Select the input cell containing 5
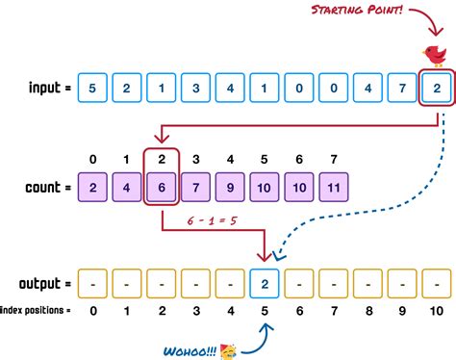click(x=92, y=90)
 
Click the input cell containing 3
click(x=194, y=90)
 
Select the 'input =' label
click(x=39, y=90)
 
